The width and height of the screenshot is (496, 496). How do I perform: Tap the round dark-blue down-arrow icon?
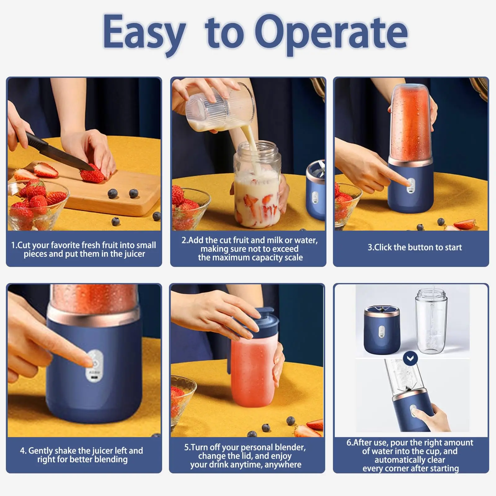[410, 359]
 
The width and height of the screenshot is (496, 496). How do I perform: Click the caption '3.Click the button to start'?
[414, 247]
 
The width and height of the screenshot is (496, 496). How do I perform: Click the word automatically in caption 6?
[410, 460]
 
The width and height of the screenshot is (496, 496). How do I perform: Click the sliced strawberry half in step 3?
[465, 224]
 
